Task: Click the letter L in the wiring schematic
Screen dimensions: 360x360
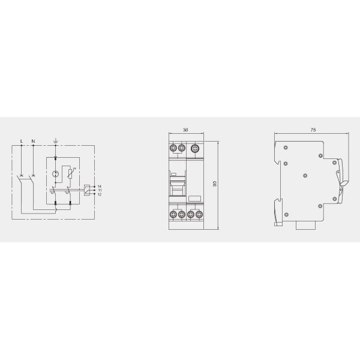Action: [x=22, y=141]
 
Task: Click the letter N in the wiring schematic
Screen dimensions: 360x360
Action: [x=33, y=141]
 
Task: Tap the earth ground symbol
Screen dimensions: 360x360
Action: [x=56, y=141]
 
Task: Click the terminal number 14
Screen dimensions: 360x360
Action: [x=99, y=187]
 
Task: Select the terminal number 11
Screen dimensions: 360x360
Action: [x=99, y=190]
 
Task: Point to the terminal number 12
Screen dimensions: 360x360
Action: [x=99, y=194]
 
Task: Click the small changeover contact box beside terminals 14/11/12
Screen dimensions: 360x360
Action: [x=88, y=190]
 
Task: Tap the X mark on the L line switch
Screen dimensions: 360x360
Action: [x=22, y=175]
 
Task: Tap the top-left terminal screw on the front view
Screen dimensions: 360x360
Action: [x=173, y=148]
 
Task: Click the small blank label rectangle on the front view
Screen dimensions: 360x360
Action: [x=194, y=198]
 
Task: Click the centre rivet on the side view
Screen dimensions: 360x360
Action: [x=305, y=176]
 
